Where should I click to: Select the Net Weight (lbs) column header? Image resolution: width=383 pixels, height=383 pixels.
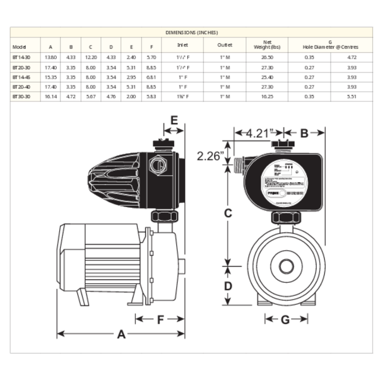point(268,45)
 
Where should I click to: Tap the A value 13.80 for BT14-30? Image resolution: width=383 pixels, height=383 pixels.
point(50,57)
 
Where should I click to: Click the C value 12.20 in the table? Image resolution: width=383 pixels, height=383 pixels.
point(90,57)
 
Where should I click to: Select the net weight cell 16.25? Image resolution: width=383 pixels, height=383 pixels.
point(268,97)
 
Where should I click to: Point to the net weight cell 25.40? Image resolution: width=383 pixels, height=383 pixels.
point(268,77)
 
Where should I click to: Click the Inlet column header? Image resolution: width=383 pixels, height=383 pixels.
point(182,45)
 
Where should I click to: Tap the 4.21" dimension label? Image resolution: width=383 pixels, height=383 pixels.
point(258,132)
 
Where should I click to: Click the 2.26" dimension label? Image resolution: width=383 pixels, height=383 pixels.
point(210,155)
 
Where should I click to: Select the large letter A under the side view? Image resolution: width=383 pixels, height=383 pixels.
point(121,334)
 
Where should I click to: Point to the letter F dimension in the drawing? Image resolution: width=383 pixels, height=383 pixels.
point(160,320)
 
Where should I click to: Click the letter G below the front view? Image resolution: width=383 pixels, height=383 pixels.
point(285,320)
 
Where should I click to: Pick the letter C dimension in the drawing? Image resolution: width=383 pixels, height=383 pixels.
point(229,214)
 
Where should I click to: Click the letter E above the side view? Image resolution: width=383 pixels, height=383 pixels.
point(174,120)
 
